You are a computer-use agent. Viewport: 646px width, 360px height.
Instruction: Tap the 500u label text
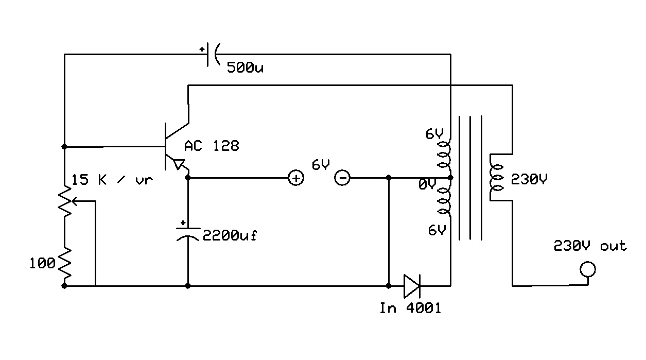tap(245, 67)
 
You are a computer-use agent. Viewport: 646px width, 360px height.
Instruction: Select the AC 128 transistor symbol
tap(172, 147)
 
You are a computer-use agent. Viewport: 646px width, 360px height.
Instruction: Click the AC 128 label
tap(212, 146)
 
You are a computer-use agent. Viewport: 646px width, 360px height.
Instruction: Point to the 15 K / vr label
tap(112, 180)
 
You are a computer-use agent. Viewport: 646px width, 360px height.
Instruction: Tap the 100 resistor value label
tap(42, 264)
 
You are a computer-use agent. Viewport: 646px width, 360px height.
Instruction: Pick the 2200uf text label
tap(230, 236)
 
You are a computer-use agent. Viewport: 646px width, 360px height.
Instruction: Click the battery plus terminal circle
tap(296, 178)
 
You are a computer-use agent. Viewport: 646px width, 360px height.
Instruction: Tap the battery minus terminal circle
tap(343, 178)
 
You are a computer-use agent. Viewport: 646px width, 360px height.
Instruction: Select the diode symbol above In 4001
tap(412, 285)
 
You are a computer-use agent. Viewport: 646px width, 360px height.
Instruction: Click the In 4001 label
tap(410, 308)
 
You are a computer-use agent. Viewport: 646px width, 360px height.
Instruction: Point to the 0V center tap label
tap(427, 184)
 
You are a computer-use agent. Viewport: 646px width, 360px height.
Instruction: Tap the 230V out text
tap(590, 246)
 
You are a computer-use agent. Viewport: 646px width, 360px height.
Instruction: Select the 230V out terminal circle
tap(588, 269)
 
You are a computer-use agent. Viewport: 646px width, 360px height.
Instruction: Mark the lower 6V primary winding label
tap(437, 231)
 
